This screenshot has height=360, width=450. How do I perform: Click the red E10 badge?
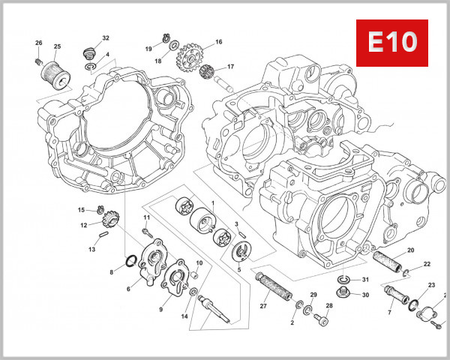[x=391, y=43]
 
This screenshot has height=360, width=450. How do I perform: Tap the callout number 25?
[x=58, y=46]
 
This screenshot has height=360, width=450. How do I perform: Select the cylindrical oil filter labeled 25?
[x=54, y=70]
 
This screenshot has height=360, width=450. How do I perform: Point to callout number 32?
[x=105, y=37]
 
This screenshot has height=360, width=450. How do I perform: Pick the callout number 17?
[x=230, y=67]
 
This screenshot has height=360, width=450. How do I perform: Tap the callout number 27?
[x=263, y=305]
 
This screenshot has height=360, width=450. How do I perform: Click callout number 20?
[x=410, y=250]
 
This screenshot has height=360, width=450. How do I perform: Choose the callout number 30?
[x=365, y=295]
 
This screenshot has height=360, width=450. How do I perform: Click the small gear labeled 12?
[x=104, y=218]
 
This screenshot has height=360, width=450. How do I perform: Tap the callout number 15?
[x=81, y=209]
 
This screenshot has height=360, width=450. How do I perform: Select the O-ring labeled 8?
[x=130, y=261]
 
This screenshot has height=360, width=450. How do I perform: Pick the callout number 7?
[x=389, y=313]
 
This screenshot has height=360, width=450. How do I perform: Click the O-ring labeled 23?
[x=413, y=304]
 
